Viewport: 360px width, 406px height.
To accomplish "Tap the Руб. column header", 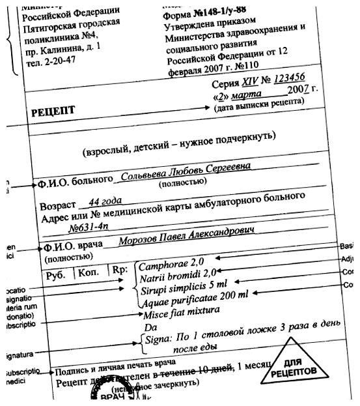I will [58, 275].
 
